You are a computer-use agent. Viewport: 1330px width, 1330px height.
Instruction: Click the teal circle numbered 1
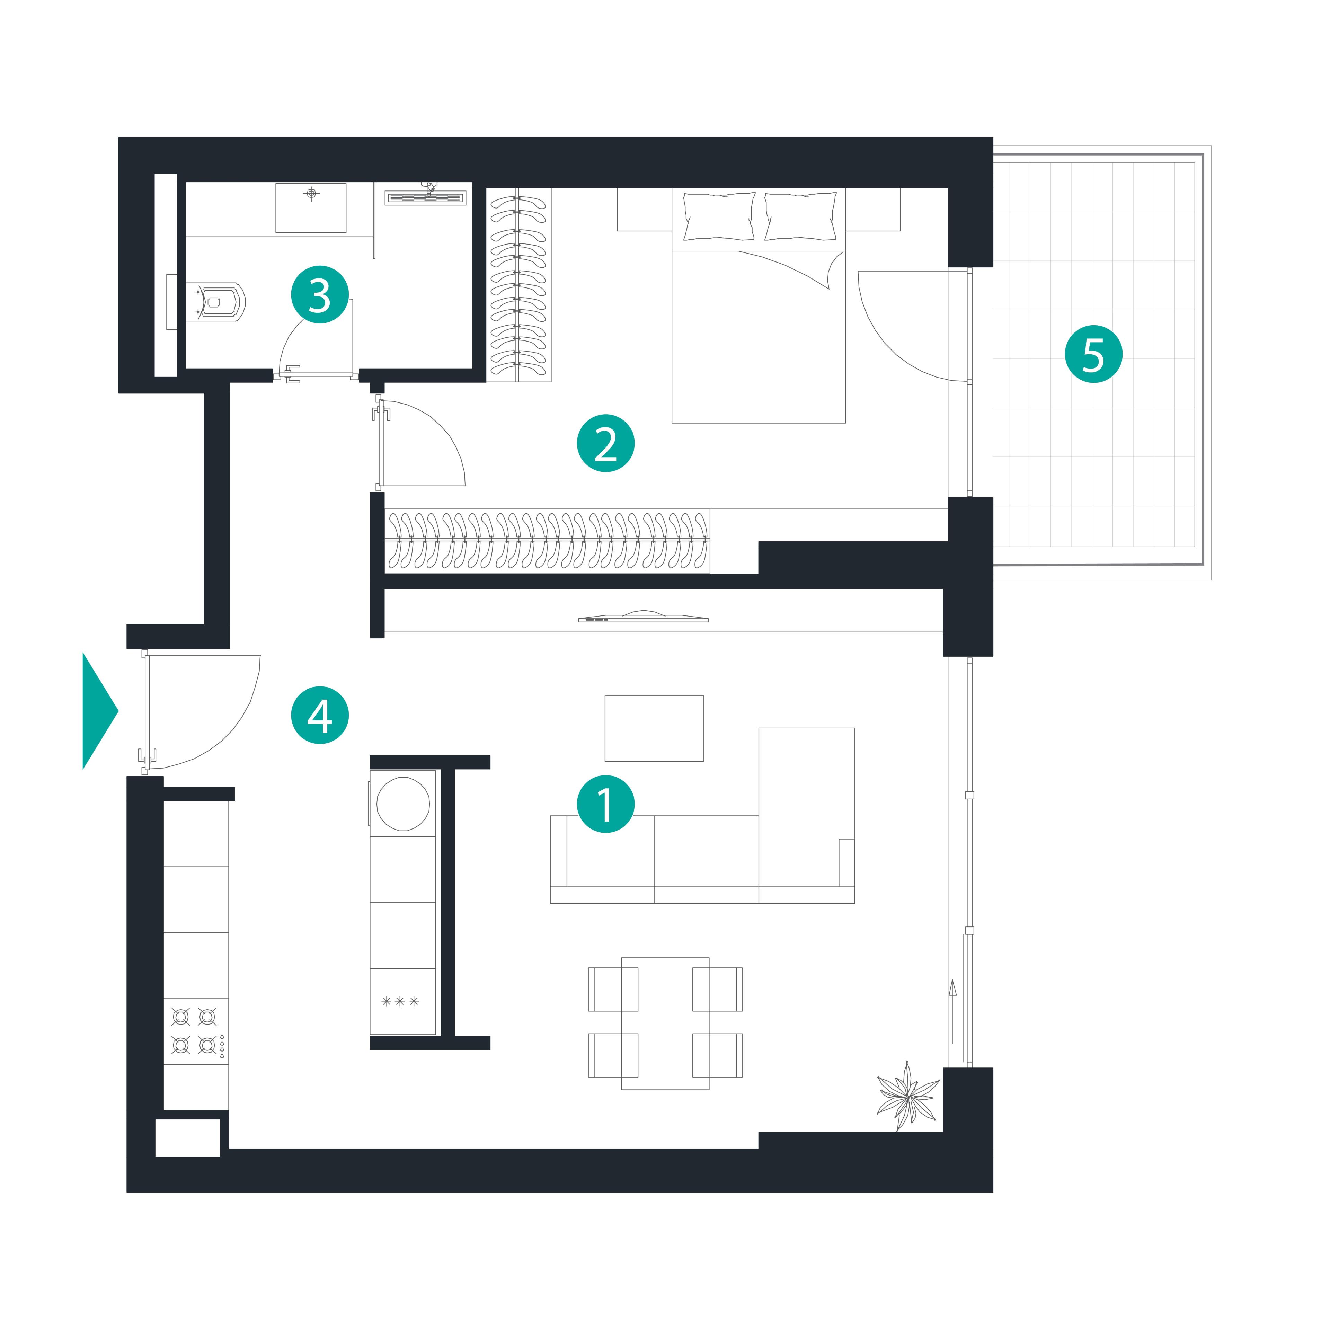pyautogui.click(x=605, y=804)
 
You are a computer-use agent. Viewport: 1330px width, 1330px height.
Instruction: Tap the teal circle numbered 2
pyautogui.click(x=605, y=443)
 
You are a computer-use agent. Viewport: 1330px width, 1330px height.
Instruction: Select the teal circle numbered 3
pyautogui.click(x=319, y=295)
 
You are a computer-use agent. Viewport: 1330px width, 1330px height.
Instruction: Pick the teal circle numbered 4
pyautogui.click(x=319, y=715)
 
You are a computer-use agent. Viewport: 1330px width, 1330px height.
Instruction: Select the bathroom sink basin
pyautogui.click(x=310, y=208)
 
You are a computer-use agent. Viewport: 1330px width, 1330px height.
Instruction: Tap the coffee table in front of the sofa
pyautogui.click(x=654, y=728)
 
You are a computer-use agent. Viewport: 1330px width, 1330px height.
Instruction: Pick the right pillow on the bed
pyautogui.click(x=801, y=216)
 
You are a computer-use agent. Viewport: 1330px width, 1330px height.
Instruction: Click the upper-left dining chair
pyautogui.click(x=613, y=989)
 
